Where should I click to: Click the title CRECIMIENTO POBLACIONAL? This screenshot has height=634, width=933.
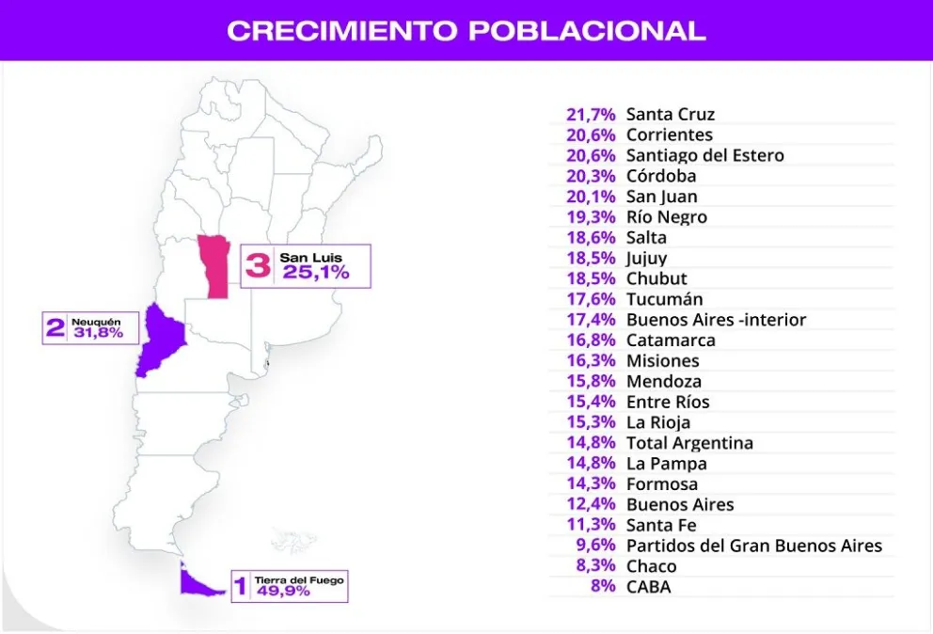[466, 30]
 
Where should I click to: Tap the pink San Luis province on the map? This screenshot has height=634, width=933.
[215, 266]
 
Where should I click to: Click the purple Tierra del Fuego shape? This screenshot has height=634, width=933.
[198, 583]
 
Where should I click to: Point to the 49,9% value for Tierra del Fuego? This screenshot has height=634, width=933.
[282, 592]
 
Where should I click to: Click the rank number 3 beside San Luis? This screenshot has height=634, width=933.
[258, 265]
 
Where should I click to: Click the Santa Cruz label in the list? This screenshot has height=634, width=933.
[670, 115]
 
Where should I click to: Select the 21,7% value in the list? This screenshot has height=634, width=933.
[591, 115]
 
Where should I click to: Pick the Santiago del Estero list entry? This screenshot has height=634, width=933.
[704, 155]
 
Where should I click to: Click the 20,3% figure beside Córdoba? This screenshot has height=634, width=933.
[591, 176]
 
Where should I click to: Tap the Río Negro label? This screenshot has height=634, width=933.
[666, 217]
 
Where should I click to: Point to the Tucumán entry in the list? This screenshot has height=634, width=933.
[664, 299]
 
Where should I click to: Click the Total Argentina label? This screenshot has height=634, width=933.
[689, 443]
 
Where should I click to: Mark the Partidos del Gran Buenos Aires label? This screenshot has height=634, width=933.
[753, 546]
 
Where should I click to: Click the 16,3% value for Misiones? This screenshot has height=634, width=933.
[591, 361]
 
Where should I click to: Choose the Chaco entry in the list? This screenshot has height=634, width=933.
[651, 566]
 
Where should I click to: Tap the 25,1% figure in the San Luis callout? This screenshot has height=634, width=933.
[315, 273]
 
